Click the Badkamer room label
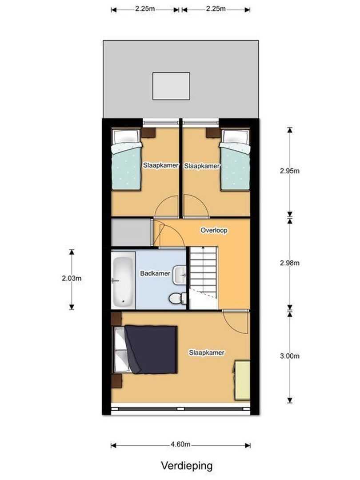(155, 273)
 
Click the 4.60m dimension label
(181, 444)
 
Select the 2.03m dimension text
(71, 279)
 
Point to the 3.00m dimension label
(290, 356)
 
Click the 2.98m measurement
(290, 263)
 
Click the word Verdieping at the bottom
(187, 466)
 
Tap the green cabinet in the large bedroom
(243, 380)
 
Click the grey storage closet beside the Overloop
(131, 232)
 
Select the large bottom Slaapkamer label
(207, 352)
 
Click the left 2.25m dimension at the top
(145, 9)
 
